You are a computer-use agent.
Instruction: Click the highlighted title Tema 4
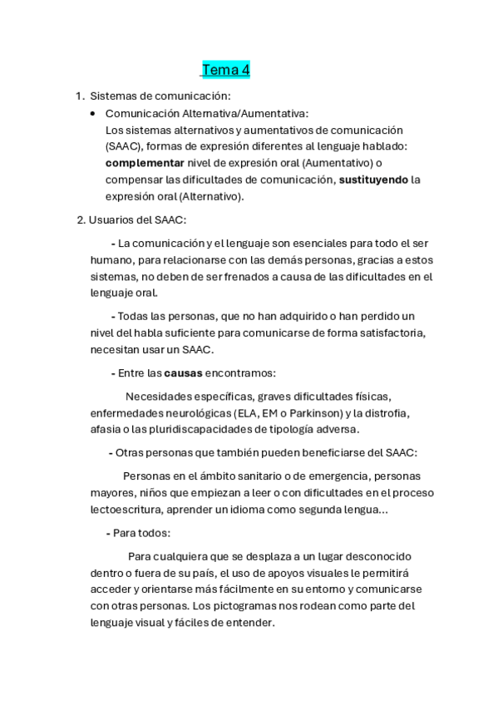(x=225, y=70)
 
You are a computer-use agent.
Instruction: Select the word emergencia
(x=320, y=476)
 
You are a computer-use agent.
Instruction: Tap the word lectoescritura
(x=133, y=509)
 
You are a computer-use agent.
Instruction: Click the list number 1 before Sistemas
(x=78, y=96)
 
